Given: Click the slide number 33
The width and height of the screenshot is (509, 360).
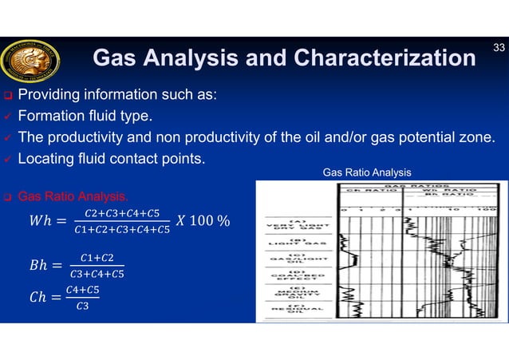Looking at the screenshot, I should (499, 49).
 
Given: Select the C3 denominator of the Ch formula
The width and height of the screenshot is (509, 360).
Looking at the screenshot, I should (83, 306).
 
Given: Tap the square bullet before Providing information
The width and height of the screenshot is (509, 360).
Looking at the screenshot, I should (6, 97).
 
